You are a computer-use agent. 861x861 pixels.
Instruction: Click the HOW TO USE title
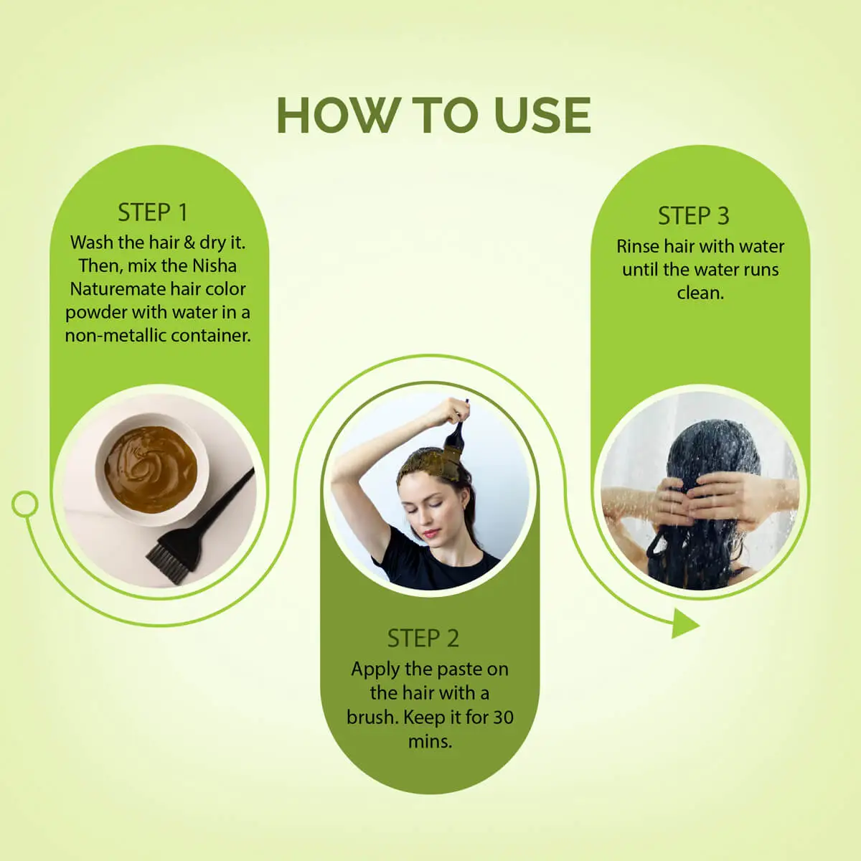coord(433,116)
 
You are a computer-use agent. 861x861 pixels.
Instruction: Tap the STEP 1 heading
coord(152,212)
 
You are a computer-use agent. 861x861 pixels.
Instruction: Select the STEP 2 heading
coord(423,638)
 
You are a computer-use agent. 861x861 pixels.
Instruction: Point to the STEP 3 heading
coord(693,215)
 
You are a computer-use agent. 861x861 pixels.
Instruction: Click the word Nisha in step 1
coord(215,265)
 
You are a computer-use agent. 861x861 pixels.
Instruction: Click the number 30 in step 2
coord(503,717)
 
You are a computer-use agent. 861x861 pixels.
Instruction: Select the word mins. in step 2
coord(430,741)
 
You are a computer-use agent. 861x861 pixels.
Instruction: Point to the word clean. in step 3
coord(700,293)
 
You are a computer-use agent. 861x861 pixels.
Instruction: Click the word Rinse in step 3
coord(637,246)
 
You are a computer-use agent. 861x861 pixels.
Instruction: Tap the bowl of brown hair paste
coord(151,470)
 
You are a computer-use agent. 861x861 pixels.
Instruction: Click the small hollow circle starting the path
coord(25,504)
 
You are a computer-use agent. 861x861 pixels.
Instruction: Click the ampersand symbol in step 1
coord(189,243)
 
